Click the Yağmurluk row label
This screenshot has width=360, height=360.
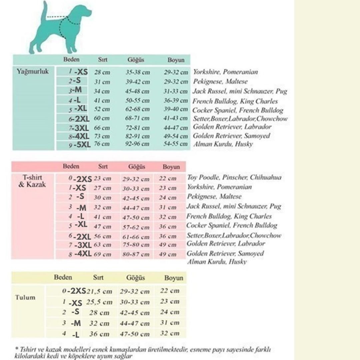(x=33, y=71)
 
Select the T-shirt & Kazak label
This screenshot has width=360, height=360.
(x=32, y=181)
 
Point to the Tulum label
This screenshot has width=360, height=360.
(x=25, y=297)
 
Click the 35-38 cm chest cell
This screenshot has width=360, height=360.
(x=138, y=72)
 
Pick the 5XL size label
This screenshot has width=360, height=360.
(x=82, y=145)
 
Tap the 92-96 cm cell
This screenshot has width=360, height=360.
(x=138, y=144)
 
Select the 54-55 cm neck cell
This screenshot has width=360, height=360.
(x=176, y=144)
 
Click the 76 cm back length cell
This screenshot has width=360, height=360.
(x=102, y=144)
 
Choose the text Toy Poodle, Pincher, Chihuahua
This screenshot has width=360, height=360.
(x=234, y=177)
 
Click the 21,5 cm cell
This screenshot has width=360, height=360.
(x=99, y=291)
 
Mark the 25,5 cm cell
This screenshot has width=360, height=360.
(x=99, y=302)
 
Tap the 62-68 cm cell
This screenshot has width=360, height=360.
(x=138, y=109)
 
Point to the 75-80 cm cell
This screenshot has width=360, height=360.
(x=136, y=245)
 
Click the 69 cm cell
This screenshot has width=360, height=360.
(x=102, y=254)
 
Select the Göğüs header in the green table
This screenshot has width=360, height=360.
(x=136, y=60)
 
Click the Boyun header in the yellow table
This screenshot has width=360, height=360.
(x=174, y=278)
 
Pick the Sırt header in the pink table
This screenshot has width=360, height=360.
(x=103, y=166)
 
